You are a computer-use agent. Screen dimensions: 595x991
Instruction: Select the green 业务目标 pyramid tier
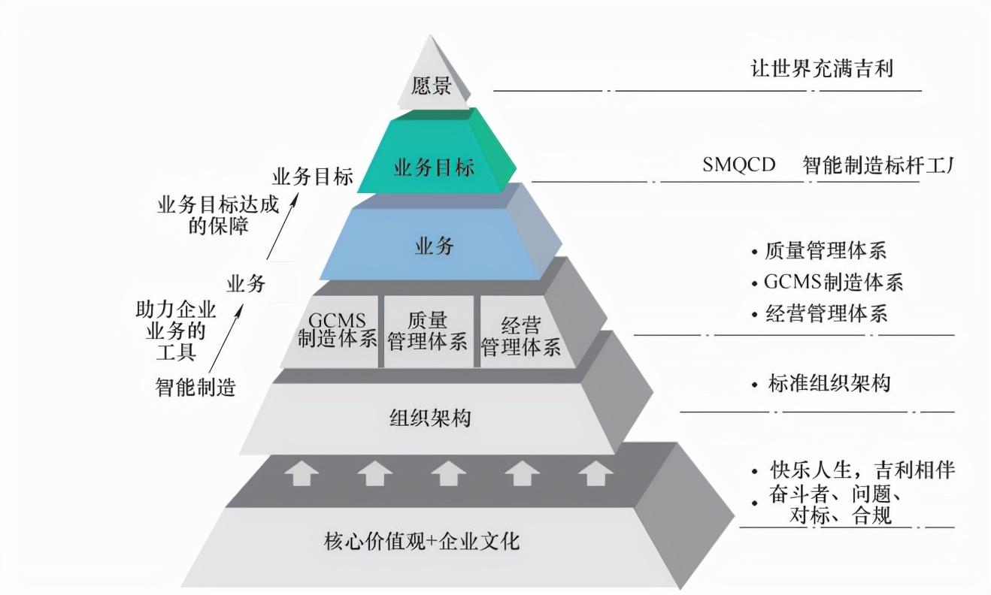(435, 167)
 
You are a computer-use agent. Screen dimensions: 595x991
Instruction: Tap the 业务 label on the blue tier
(435, 246)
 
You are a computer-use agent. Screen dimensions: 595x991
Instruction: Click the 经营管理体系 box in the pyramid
(520, 335)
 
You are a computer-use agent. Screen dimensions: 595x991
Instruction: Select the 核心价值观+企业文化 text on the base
(421, 540)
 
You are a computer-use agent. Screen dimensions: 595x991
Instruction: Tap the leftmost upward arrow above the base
(300, 474)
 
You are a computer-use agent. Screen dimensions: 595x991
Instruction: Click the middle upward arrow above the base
(448, 474)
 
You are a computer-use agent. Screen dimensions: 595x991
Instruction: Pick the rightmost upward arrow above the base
(595, 474)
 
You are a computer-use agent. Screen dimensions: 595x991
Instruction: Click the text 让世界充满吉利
(822, 69)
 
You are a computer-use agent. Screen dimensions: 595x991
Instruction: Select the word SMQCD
(738, 165)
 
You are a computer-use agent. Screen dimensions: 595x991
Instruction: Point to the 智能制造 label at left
(195, 388)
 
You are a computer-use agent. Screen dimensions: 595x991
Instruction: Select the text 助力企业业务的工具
(175, 331)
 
